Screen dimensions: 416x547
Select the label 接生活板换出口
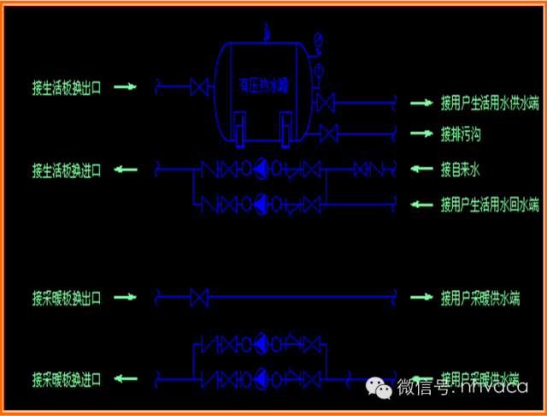67,86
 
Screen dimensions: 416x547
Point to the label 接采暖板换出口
67,298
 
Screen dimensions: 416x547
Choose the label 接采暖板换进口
67,378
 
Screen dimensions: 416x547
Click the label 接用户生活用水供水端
490,104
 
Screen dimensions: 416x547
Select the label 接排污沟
462,134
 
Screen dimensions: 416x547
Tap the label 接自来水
461,170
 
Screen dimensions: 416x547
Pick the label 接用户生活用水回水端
490,205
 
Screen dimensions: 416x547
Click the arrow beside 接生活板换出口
126,86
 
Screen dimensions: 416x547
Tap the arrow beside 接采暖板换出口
126,298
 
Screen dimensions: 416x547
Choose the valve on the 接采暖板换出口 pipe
200,298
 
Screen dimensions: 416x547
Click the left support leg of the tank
240,130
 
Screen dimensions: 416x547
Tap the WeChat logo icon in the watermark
380,388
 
